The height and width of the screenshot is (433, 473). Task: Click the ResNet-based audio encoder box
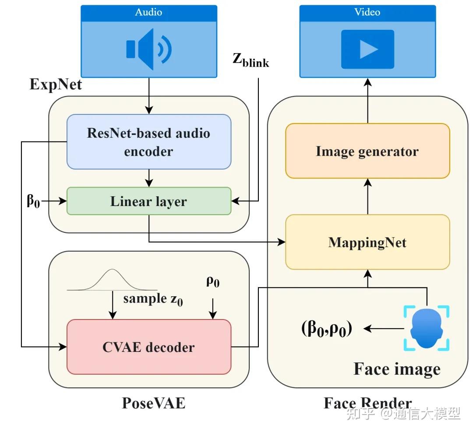(149, 142)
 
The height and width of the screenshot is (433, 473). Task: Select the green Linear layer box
(149, 201)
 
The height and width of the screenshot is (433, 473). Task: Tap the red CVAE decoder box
(149, 347)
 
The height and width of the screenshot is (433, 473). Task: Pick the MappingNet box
(367, 242)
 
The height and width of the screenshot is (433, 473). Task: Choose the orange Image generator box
(367, 151)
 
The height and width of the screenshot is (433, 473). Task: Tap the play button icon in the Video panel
(367, 49)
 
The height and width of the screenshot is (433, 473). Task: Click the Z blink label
(251, 61)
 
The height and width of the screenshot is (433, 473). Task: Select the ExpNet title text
(56, 84)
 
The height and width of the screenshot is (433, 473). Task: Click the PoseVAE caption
(153, 403)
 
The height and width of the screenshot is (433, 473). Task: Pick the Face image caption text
(397, 369)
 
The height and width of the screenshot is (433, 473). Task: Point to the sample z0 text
(152, 300)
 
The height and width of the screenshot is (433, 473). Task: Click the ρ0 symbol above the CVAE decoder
(213, 282)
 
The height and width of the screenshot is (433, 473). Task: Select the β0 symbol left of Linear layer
(33, 202)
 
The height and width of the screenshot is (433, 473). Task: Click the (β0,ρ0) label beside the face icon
(327, 328)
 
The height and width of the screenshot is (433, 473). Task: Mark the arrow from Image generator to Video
(367, 101)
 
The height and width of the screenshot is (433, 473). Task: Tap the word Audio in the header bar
(149, 12)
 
